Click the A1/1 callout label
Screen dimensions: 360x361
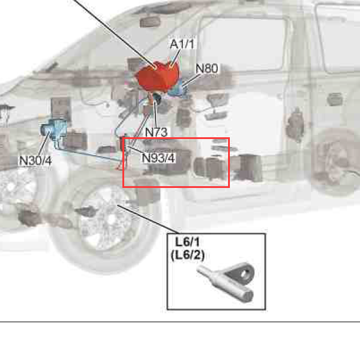(x=181, y=44)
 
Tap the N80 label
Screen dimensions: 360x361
(x=207, y=69)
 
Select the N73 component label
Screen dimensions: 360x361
(x=156, y=132)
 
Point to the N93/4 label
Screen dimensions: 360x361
(x=158, y=158)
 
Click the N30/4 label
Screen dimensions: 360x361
(x=35, y=161)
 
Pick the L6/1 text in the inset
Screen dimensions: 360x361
(x=187, y=242)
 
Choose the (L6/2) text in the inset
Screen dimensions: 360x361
(x=187, y=255)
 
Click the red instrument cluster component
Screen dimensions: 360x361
(x=158, y=76)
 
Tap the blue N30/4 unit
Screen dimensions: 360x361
(x=54, y=129)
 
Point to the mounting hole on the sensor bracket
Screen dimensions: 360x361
(x=244, y=274)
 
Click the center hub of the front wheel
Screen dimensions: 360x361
(x=111, y=219)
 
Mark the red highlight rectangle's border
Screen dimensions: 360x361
(x=123, y=162)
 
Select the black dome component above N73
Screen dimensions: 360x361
(x=157, y=97)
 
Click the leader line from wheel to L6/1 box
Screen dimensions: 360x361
(x=149, y=219)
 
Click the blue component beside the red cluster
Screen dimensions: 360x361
(x=178, y=90)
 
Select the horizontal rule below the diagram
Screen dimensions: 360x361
(x=180, y=322)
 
